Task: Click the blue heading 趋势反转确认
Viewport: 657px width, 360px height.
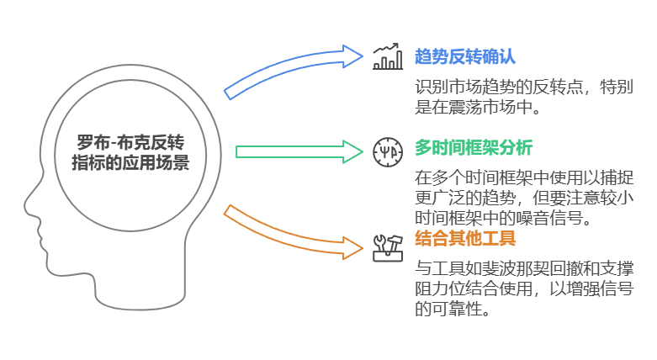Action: click(465, 57)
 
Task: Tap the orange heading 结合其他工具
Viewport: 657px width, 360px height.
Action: click(465, 239)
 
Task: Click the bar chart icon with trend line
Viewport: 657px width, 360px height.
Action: click(388, 57)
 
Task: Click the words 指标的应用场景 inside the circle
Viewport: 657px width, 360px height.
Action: click(130, 163)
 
